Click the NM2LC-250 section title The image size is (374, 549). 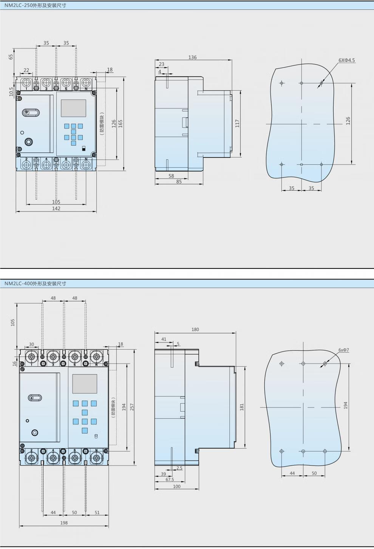[x=35, y=5]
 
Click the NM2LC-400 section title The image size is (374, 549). [x=35, y=284]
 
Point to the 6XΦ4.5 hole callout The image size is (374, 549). [x=346, y=60]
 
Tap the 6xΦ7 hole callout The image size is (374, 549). [x=344, y=350]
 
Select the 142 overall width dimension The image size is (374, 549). [x=56, y=208]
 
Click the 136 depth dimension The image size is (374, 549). [x=193, y=57]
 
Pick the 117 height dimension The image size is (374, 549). [x=237, y=123]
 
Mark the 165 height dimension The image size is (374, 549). [x=121, y=123]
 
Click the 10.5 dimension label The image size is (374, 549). [x=11, y=92]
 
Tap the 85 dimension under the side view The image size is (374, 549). [x=179, y=182]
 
